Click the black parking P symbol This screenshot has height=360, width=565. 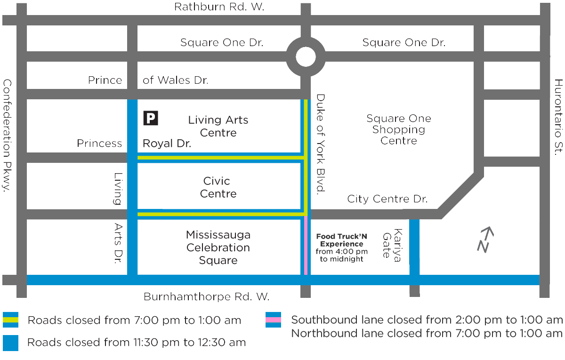pos(151,118)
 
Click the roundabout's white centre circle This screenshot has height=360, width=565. pos(306,57)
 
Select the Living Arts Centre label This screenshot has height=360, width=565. pos(218,126)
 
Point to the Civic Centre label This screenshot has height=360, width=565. pos(217,187)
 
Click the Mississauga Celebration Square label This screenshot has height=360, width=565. pos(218,248)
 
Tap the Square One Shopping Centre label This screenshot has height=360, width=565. pos(398,129)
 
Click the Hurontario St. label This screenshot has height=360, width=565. pos(558,117)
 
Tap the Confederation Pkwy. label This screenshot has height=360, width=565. pos(8,136)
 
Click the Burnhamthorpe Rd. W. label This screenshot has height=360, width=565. pos(206,297)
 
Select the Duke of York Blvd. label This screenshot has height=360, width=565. pos(321,144)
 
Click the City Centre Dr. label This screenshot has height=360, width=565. pos(387,199)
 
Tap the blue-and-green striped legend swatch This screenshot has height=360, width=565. pos(10,320)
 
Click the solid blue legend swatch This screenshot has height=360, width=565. pos(10,343)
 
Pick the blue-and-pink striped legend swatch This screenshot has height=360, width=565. pos(273,320)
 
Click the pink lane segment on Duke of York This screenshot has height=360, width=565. pos(306,245)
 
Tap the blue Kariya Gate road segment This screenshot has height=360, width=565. pos(414,247)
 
